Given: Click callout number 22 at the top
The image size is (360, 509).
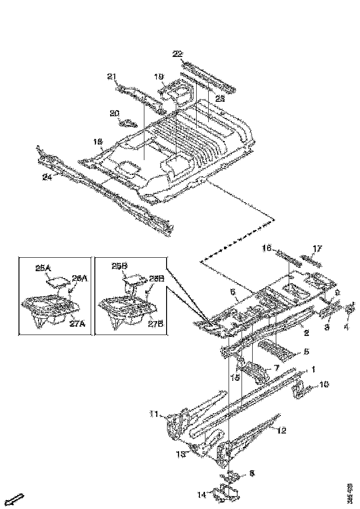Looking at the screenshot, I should click(178, 54).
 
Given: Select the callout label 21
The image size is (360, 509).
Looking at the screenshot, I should click(112, 77).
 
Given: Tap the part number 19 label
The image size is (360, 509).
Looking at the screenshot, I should click(159, 77).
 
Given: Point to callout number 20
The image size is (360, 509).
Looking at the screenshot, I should click(114, 113).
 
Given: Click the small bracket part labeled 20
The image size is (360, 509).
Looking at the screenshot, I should click(128, 123).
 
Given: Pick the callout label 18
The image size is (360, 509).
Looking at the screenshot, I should click(97, 142).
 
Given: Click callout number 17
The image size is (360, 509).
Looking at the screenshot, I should click(317, 249).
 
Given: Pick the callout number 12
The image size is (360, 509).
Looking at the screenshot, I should click(281, 431).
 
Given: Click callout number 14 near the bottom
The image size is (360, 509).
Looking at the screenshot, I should click(201, 495).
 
